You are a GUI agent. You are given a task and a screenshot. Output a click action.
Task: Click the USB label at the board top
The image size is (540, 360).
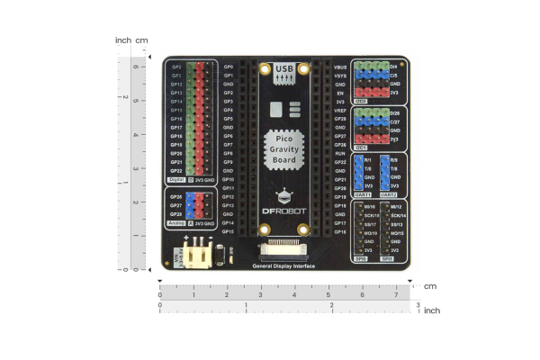(x=285, y=68)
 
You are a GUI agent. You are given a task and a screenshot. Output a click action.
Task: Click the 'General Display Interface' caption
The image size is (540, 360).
(x=285, y=266)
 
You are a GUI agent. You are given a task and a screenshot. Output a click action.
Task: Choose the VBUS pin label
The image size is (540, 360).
(x=340, y=67)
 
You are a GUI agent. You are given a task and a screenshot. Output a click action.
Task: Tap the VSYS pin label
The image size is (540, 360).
(x=340, y=76)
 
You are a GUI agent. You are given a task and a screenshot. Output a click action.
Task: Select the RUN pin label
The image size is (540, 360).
(x=340, y=154)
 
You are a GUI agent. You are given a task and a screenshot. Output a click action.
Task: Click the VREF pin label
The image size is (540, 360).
(x=340, y=110)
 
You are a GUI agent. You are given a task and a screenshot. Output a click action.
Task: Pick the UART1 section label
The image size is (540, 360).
(x=362, y=194)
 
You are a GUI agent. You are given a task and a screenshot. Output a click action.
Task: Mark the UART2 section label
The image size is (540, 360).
(x=389, y=194)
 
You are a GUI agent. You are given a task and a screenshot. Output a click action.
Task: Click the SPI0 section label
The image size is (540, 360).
(x=362, y=258)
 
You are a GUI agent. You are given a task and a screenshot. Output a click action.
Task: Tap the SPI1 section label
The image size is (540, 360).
(x=389, y=258)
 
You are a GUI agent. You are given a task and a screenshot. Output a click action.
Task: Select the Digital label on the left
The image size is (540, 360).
(x=176, y=180)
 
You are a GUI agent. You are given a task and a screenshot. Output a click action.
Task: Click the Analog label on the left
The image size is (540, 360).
(x=176, y=223)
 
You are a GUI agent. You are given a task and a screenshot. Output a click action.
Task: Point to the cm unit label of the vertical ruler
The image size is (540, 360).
(x=141, y=40)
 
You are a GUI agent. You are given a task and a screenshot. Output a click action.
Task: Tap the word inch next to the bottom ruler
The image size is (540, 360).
(x=432, y=310)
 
